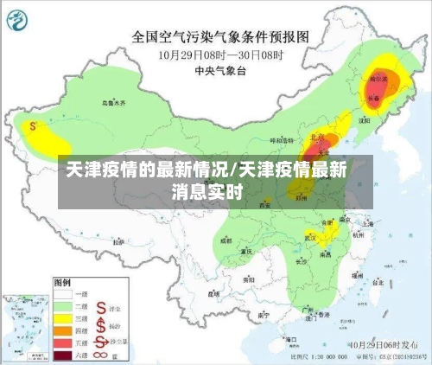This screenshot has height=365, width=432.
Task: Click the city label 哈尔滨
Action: [378, 78]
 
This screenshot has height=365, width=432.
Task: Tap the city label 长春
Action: [373, 99]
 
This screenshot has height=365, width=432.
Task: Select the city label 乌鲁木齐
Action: [113, 102]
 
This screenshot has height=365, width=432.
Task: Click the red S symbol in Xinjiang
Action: [33, 125]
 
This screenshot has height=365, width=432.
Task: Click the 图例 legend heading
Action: [62, 282]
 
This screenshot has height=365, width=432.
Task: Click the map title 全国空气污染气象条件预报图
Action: [219, 37]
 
